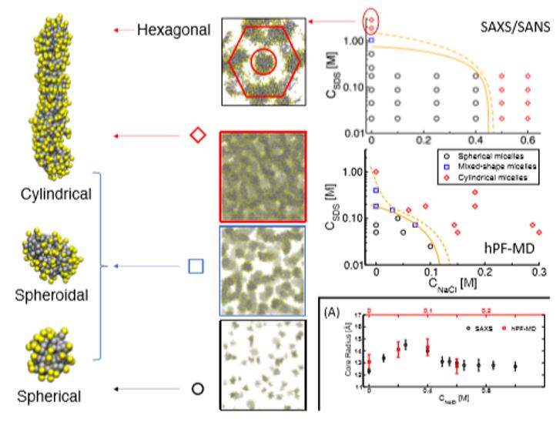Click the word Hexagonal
[x=173, y=30]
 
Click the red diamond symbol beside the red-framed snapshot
[x=198, y=135]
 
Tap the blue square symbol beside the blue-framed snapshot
[x=196, y=266]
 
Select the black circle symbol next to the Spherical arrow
[x=197, y=389]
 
